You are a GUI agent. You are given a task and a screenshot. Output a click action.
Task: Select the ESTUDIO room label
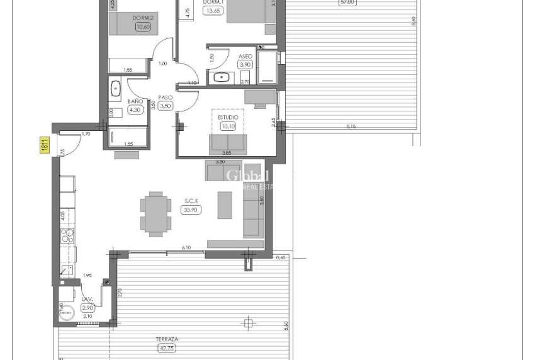point(228,118)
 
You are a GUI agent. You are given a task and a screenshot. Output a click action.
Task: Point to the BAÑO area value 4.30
point(135,110)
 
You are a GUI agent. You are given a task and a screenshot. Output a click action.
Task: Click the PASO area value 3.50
point(166,106)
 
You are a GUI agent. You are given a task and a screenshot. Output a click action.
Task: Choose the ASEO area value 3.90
point(245,65)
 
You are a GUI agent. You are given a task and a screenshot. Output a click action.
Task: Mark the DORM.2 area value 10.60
point(143,26)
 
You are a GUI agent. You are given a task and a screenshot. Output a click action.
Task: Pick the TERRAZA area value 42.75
point(167,347)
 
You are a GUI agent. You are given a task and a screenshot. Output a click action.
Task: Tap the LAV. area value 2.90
point(87,307)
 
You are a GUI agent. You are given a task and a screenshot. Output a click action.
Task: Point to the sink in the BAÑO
point(116,89)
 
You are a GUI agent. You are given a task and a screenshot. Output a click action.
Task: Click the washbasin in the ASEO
point(221,78)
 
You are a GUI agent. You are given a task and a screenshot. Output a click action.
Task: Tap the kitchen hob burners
point(67,237)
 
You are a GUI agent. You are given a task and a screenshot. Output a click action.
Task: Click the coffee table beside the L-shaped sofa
point(225,205)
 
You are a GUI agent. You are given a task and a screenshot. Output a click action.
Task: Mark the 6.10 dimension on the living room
point(186,249)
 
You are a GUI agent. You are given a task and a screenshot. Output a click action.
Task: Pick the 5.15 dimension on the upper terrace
point(351,127)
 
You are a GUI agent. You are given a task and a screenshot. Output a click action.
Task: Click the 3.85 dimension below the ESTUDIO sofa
point(227,153)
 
